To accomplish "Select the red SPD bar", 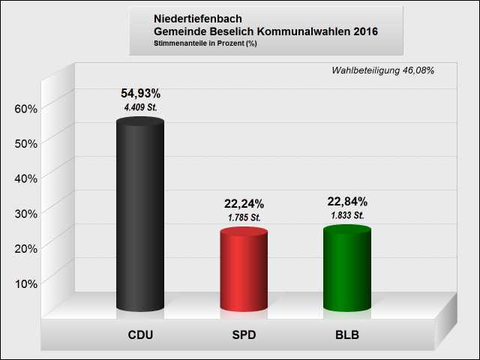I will tap(244, 270).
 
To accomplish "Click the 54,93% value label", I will tap(140, 94).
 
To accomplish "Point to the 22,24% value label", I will tap(244, 204).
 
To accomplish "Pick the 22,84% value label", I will tap(347, 202).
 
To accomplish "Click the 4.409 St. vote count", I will tap(140, 108).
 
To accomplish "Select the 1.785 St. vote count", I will tap(244, 217).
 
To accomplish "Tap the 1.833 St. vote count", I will tap(347, 215).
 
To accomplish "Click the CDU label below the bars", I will tap(140, 334).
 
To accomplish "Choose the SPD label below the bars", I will tap(244, 334).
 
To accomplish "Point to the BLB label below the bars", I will tap(347, 334).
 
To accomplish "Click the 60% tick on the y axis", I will tap(26, 109).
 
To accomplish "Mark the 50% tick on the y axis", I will tap(26, 143).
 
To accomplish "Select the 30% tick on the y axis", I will tap(26, 213).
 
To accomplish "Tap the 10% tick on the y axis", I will tap(26, 283).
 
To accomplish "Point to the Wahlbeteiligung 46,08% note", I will tap(382, 70).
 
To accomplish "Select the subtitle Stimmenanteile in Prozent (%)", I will tap(205, 43).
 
